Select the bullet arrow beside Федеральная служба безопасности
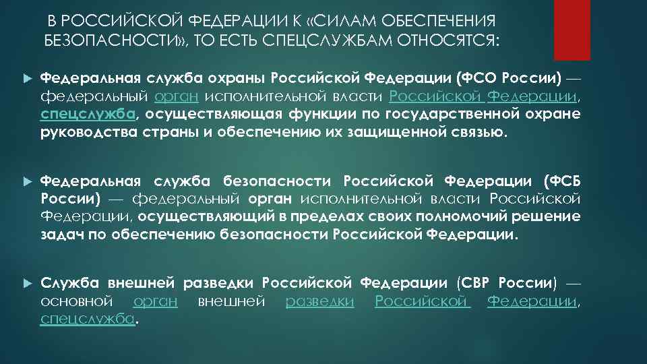(x=27, y=182)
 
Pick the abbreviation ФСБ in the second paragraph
(x=563, y=181)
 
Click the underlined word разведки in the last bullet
(x=320, y=301)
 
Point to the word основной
(x=76, y=301)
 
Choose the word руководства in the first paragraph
(x=90, y=131)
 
